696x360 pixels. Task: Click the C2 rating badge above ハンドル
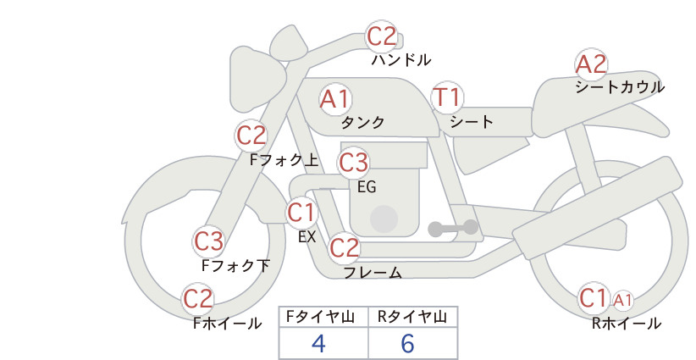[382, 36]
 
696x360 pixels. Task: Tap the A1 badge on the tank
[335, 99]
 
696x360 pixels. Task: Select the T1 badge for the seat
[447, 97]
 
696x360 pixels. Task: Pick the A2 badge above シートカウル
[591, 64]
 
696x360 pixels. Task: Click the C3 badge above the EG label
[353, 163]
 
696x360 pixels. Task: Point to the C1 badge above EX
[301, 213]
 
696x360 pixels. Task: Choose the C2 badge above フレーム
[344, 247]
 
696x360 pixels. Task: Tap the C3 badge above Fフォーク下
[208, 241]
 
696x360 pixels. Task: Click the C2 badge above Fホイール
[198, 299]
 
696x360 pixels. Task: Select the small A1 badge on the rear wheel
[623, 301]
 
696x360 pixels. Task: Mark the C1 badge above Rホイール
[594, 298]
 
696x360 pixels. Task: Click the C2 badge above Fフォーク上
[251, 136]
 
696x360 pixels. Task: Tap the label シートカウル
[620, 87]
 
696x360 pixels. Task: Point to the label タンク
[362, 122]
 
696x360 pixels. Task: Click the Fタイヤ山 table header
[320, 317]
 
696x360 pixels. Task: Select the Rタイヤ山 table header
[412, 317]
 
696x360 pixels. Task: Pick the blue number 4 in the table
[318, 343]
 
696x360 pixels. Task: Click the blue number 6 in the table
[407, 343]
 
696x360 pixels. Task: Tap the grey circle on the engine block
[384, 219]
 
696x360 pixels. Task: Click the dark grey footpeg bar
[453, 228]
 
